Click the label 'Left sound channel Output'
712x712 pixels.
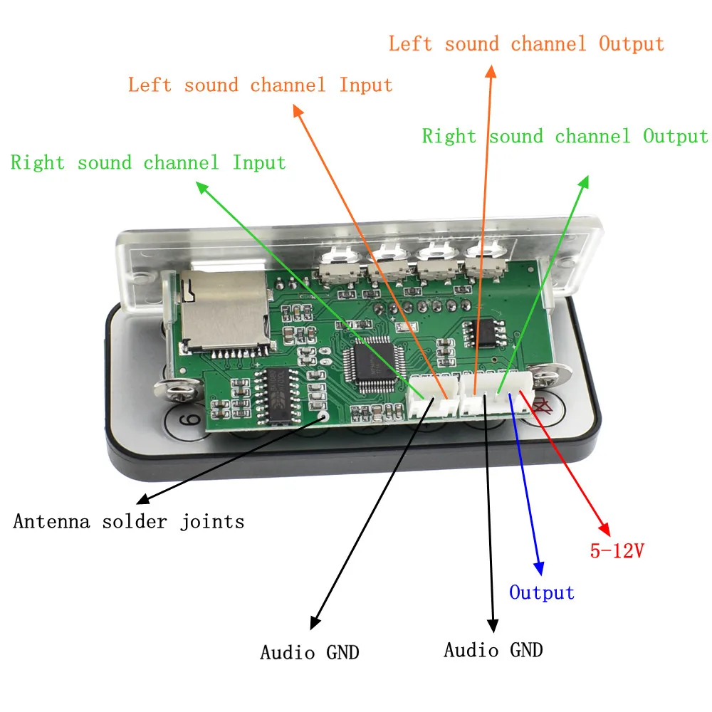(526, 44)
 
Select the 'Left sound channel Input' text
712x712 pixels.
(260, 85)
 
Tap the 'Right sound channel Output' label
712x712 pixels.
(565, 136)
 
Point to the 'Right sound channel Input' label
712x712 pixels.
(148, 162)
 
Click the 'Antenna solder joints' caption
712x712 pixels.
(128, 521)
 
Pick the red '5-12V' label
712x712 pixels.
(617, 551)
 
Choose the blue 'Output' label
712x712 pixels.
(542, 592)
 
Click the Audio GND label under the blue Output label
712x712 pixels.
(493, 650)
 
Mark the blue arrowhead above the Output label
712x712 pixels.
(539, 568)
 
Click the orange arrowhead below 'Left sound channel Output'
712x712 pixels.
(491, 71)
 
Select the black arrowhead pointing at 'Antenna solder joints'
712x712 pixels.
(142, 499)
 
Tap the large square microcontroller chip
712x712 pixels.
(373, 363)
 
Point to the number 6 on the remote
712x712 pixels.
(191, 419)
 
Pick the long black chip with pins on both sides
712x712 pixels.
(277, 394)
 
